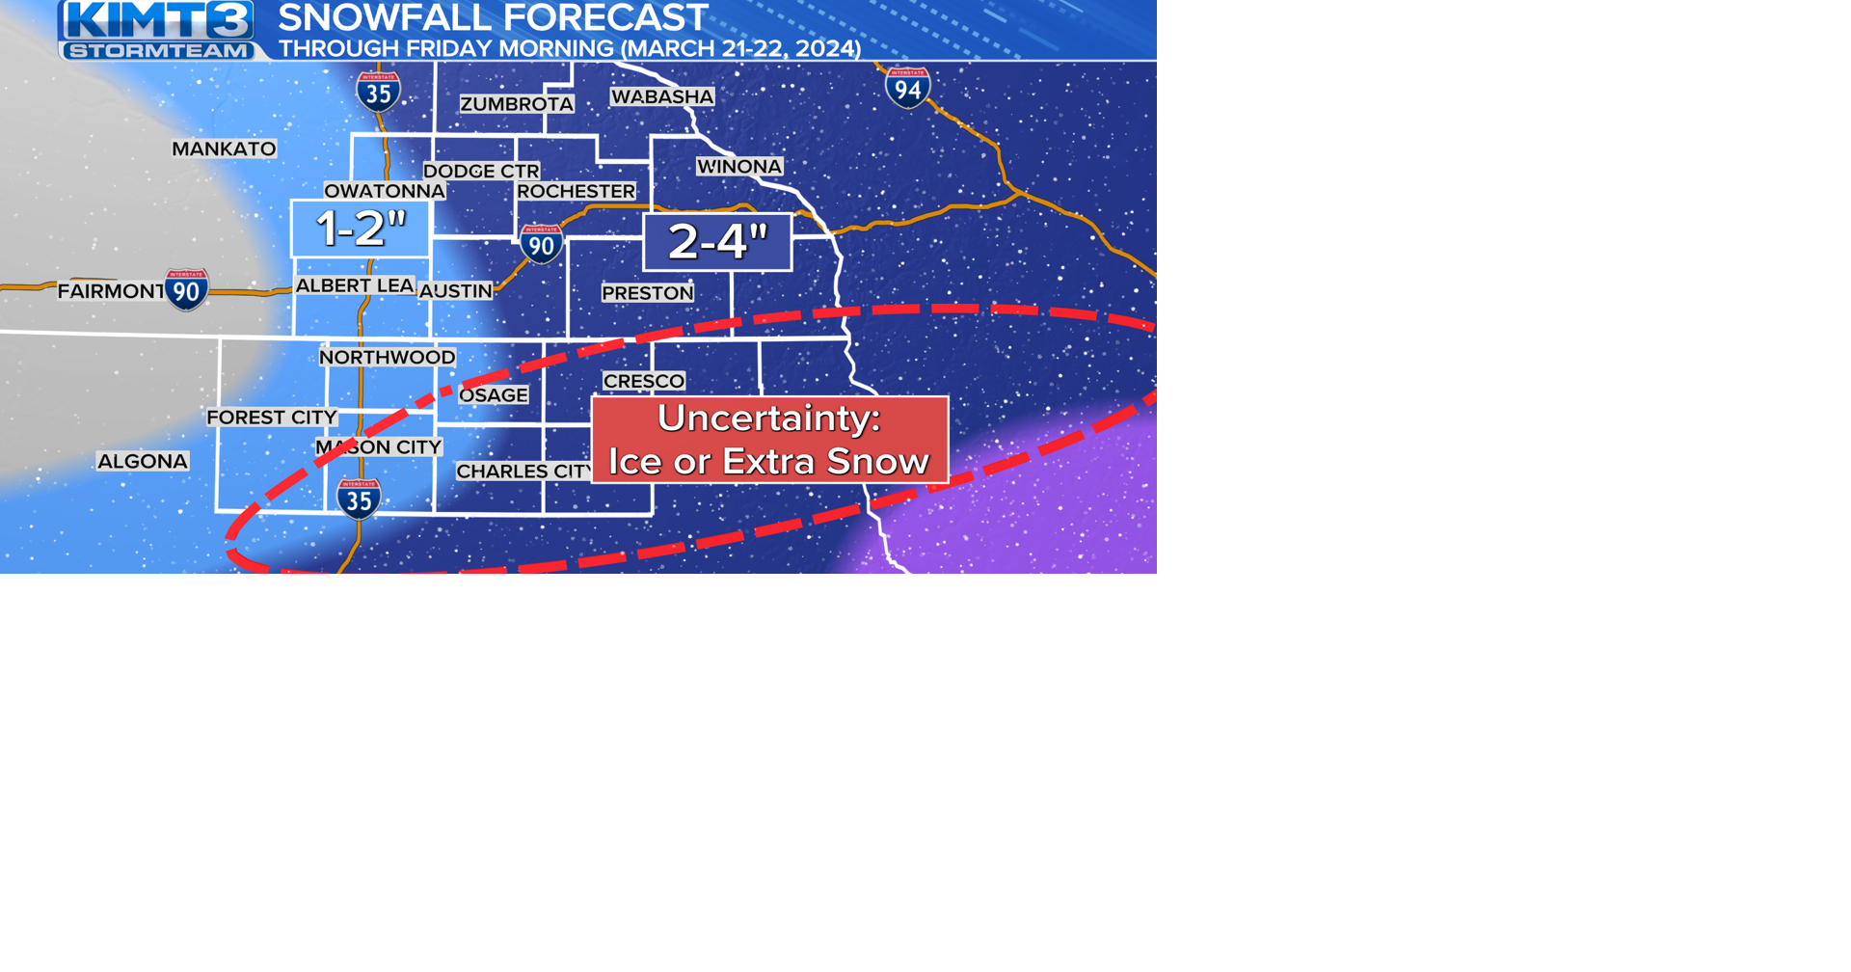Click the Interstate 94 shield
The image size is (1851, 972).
(x=907, y=88)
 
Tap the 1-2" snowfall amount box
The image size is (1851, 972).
(x=361, y=229)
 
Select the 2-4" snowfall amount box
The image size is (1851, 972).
(x=717, y=241)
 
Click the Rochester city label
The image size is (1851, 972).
(x=576, y=191)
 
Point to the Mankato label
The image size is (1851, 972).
(x=224, y=148)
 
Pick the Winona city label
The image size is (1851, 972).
(x=739, y=167)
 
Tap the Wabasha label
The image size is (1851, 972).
(x=662, y=96)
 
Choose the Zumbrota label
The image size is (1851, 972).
(x=517, y=104)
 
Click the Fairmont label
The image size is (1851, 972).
(x=111, y=291)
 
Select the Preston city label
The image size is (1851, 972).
(x=647, y=293)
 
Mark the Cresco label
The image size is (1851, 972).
(x=644, y=381)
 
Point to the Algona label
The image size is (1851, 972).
(x=143, y=461)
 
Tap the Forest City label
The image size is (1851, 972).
(x=272, y=418)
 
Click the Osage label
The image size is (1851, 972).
(x=494, y=395)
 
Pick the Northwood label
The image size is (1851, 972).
(x=387, y=358)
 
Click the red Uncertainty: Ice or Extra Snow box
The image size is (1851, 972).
(x=769, y=440)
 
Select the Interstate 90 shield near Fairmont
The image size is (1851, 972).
(x=186, y=289)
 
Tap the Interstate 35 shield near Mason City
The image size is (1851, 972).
(x=359, y=499)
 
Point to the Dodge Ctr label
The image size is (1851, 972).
(x=481, y=171)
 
